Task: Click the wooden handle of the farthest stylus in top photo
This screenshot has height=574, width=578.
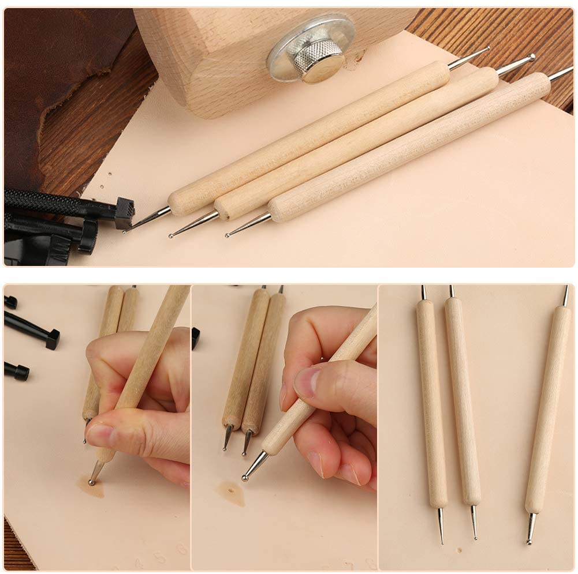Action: coord(312,136)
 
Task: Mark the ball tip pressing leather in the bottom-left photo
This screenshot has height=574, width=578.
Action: coord(92,481)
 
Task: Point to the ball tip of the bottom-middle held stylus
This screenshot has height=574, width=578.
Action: coord(245,477)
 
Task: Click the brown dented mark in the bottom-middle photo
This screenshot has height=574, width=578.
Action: coord(231,492)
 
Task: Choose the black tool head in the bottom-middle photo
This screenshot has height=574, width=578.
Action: coord(196,338)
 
